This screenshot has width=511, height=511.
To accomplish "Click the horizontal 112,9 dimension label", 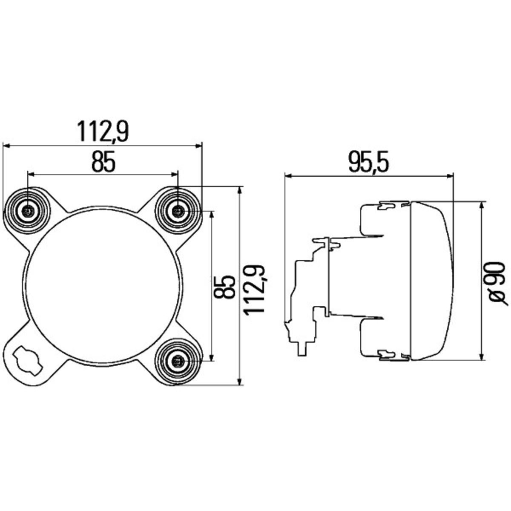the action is pos(103,132).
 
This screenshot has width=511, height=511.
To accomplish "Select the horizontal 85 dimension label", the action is pos(103,161).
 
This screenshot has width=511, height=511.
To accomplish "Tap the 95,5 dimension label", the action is pos(368,162).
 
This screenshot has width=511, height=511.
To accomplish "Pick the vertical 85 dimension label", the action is pos(224,287).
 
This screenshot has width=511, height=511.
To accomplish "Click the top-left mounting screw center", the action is pos(28,211).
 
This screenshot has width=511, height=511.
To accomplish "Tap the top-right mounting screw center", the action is pos(178,211).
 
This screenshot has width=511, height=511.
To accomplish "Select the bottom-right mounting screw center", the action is pos(178,361).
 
